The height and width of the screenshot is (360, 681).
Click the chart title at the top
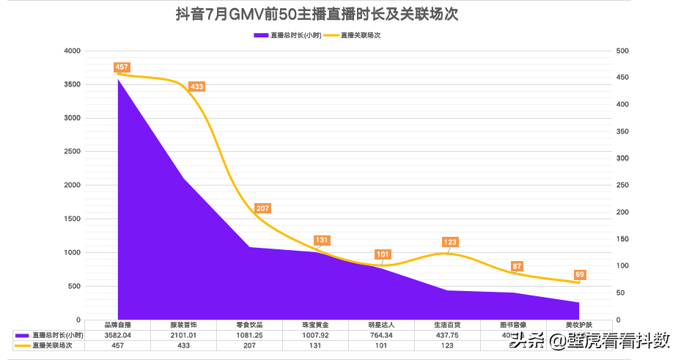[317, 14]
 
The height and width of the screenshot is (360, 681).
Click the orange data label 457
[122, 67]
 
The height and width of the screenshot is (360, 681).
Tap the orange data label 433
[196, 87]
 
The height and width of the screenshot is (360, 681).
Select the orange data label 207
[262, 209]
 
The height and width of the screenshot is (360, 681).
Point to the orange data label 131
[321, 240]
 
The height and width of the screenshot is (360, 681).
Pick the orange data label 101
[383, 254]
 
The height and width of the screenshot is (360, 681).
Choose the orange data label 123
[450, 242]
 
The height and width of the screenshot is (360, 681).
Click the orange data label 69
[579, 275]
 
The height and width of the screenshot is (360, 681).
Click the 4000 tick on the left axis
[73, 51]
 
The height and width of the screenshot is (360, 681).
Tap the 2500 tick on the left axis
[73, 152]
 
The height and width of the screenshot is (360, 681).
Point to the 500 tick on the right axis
[622, 51]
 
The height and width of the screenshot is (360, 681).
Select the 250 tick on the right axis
[622, 185]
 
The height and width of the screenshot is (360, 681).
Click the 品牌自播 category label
[117, 325]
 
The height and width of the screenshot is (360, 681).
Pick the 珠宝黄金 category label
[315, 325]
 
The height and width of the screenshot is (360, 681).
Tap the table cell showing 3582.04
[117, 334]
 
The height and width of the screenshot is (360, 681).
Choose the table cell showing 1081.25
[249, 334]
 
